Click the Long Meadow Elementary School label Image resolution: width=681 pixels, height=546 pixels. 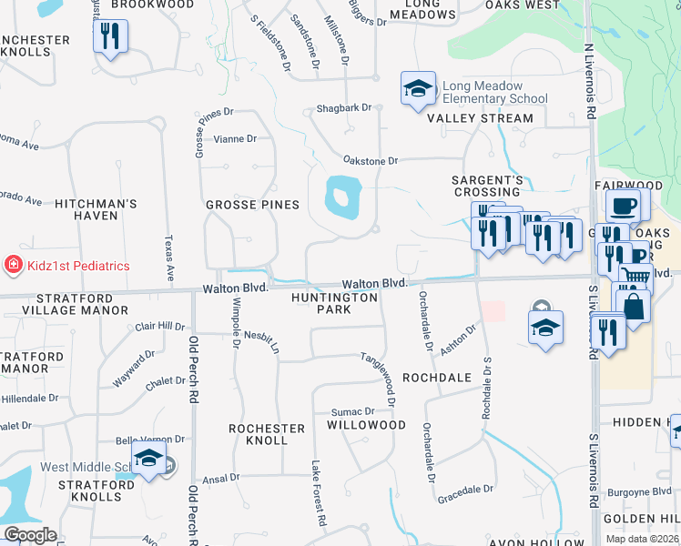(x=494, y=92)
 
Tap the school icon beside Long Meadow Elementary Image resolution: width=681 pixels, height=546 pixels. (x=417, y=88)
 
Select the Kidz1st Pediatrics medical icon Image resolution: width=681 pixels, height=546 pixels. (x=14, y=265)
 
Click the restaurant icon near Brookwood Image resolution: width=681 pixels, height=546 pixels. (x=110, y=36)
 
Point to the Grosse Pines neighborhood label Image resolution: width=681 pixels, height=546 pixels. (x=252, y=205)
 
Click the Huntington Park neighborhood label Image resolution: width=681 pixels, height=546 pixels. (x=334, y=303)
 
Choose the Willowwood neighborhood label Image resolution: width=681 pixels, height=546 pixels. (x=366, y=425)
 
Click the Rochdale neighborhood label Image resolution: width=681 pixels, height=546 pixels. (x=437, y=377)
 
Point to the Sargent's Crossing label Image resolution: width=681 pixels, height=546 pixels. (x=487, y=187)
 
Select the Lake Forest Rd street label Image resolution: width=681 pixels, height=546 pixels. (x=317, y=496)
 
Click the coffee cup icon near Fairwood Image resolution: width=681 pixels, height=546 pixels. (x=624, y=206)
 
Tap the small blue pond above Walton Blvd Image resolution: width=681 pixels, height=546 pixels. (x=342, y=195)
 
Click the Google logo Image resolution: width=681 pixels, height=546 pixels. (x=30, y=535)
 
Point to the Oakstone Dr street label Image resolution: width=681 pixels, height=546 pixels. (x=371, y=161)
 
